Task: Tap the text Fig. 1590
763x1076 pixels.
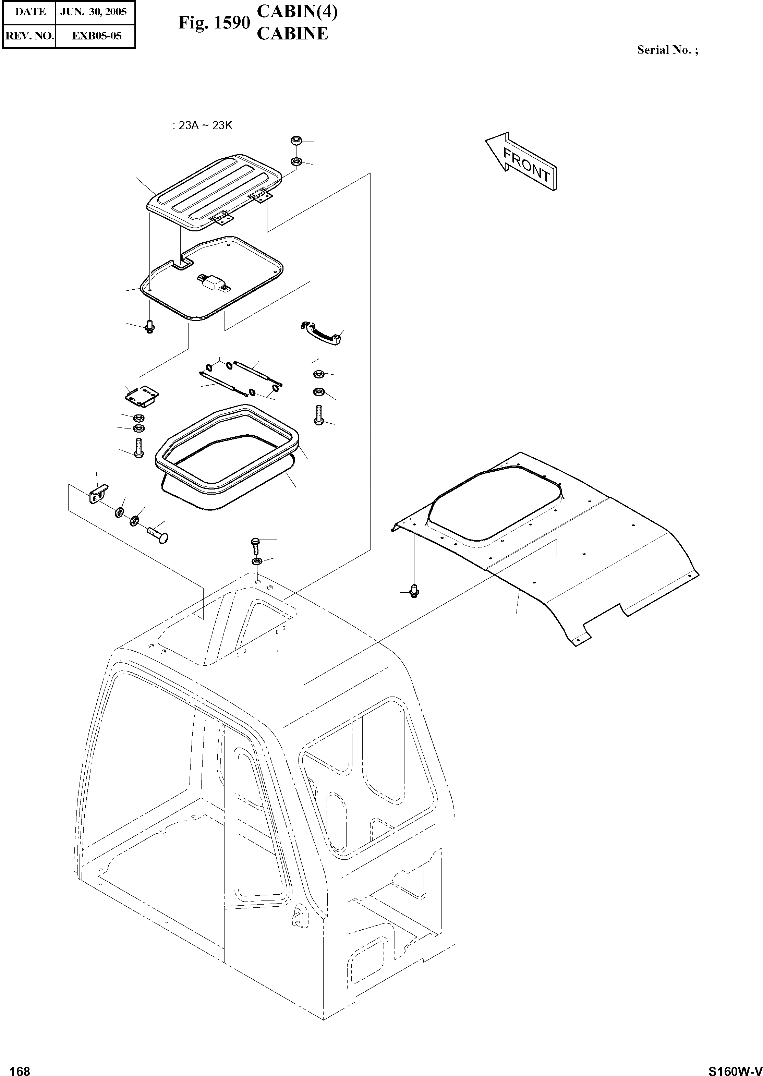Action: (x=214, y=23)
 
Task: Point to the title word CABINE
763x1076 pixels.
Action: (x=292, y=34)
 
